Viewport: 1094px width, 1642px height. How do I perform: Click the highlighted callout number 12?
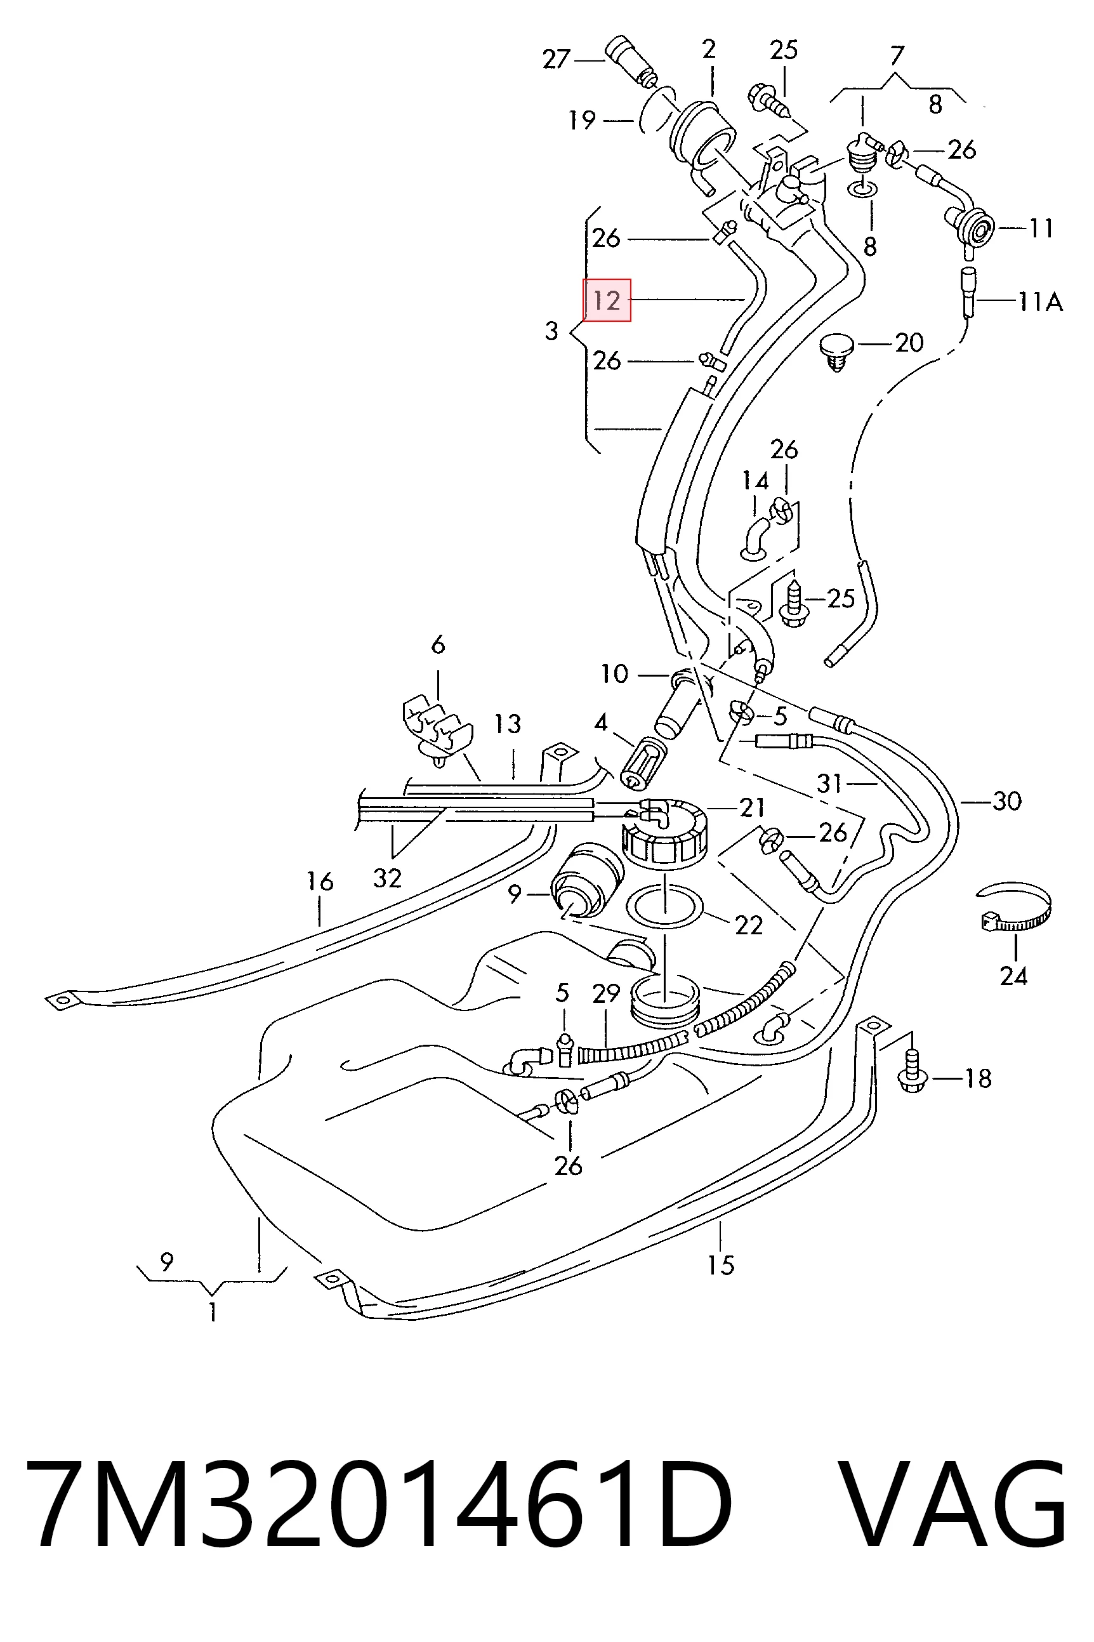point(606,300)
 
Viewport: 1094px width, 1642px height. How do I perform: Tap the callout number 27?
point(556,59)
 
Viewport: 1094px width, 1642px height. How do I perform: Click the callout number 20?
point(909,343)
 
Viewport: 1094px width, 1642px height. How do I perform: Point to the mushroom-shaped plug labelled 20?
point(836,352)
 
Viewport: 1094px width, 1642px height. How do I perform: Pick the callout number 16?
point(320,882)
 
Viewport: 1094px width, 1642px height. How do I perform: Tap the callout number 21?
point(752,807)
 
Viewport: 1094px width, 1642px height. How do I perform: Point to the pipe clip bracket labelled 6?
point(437,729)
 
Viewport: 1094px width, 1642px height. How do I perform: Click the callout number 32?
point(387,878)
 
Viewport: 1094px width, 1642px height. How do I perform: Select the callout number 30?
point(1007,801)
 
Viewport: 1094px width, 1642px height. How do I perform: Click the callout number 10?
point(615,674)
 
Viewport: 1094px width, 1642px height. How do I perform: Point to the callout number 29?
point(606,993)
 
